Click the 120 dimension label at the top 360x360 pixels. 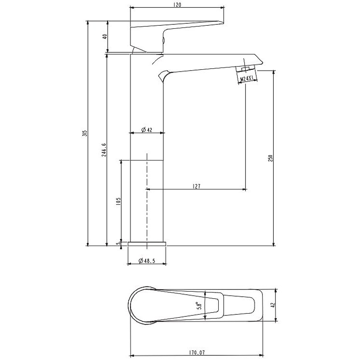point(177,4)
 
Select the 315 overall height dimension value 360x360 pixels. point(85,133)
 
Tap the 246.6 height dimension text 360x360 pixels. point(104,150)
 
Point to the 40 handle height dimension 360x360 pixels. point(104,37)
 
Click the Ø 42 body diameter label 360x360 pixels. point(147,130)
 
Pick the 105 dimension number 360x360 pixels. point(118,201)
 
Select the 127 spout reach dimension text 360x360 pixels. point(197,186)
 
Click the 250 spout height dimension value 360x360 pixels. point(270,158)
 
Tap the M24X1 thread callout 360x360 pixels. point(247,79)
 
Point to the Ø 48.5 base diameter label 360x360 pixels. point(147,261)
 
